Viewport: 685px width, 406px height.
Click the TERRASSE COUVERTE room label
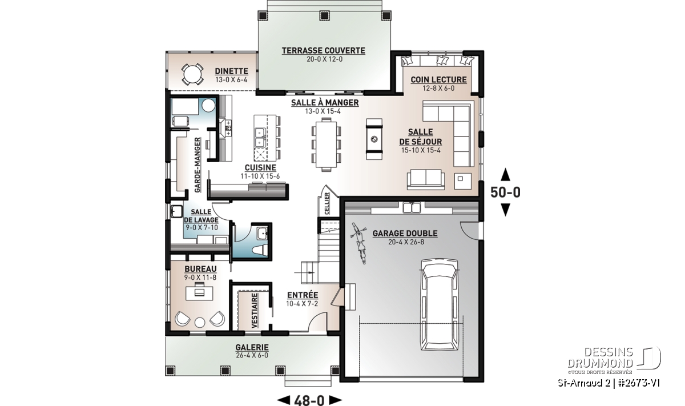[x=323, y=50]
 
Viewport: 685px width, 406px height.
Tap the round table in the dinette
[x=192, y=74]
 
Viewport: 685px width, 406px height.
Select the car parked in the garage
[x=440, y=305]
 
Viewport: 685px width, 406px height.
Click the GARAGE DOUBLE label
[x=405, y=234]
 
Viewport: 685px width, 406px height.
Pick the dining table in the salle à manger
[x=327, y=144]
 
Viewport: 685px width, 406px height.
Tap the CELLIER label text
[x=327, y=203]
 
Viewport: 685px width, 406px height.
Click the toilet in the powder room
[x=260, y=250]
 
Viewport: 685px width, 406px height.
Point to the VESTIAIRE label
[x=255, y=311]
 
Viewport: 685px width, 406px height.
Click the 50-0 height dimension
[x=505, y=192]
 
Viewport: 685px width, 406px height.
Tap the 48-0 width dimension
[x=309, y=400]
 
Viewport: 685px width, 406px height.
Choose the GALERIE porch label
[x=252, y=348]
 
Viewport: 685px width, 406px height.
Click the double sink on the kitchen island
[x=260, y=138]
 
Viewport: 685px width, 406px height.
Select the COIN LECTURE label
[x=438, y=79]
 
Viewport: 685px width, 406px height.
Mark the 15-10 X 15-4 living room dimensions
[x=421, y=150]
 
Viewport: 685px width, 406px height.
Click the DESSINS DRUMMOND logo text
[x=600, y=357]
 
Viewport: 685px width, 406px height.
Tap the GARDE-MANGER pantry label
[x=198, y=165]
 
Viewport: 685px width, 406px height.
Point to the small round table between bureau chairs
[x=200, y=322]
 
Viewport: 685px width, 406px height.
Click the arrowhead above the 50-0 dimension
[x=505, y=174]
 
